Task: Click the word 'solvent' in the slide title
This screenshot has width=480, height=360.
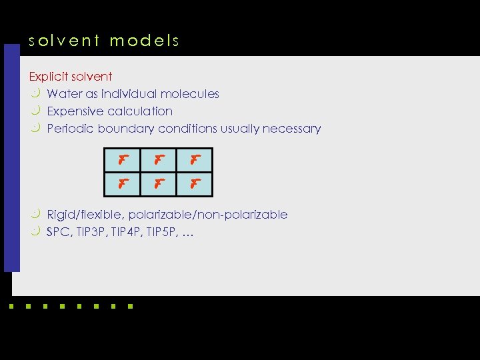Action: [x=63, y=41]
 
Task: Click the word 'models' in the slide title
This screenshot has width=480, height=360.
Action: [x=145, y=41]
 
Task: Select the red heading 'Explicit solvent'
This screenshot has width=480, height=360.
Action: [x=71, y=77]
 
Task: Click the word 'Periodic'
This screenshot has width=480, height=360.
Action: [x=70, y=129]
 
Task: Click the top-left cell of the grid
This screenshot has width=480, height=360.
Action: [x=123, y=160]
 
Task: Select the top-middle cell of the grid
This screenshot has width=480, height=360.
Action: [x=159, y=160]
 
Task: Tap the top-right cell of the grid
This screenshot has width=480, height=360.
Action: [x=195, y=160]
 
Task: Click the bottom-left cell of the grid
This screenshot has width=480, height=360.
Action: [x=123, y=184]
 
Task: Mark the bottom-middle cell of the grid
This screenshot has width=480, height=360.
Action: [x=159, y=184]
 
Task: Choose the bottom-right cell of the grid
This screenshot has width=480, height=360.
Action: [x=195, y=184]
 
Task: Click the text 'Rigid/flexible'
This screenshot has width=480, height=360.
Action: [x=84, y=215]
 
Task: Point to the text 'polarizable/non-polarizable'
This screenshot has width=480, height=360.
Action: [x=208, y=215]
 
